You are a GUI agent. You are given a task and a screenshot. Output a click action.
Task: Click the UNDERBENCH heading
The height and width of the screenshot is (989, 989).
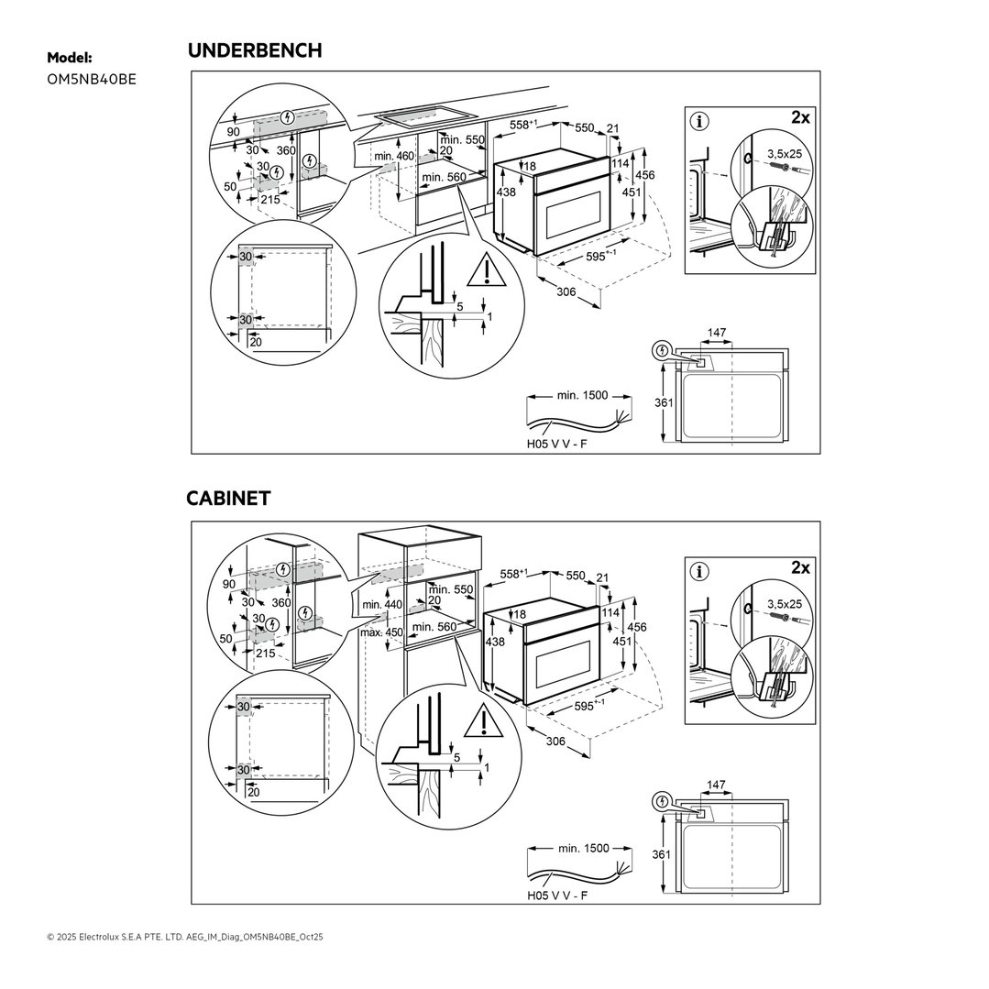(255, 50)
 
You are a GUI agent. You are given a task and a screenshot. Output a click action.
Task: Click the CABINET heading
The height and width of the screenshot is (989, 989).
(228, 499)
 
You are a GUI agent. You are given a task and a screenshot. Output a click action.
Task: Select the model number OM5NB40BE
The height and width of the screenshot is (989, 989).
(92, 80)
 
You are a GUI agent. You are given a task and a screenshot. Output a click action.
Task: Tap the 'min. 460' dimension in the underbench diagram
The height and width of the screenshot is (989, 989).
(394, 156)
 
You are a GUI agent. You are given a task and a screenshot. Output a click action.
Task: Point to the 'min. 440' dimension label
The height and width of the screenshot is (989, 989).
(382, 604)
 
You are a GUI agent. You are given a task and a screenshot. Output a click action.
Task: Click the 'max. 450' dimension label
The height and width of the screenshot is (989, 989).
(381, 632)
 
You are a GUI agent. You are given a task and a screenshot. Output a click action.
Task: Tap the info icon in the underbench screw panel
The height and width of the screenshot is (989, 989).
(698, 121)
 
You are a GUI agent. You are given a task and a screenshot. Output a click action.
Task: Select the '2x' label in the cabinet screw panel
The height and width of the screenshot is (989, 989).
(800, 567)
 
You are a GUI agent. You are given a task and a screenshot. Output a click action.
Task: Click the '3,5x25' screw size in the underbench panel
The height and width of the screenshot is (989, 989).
(785, 153)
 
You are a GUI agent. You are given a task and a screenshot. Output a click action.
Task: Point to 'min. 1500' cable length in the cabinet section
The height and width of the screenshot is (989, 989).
(584, 849)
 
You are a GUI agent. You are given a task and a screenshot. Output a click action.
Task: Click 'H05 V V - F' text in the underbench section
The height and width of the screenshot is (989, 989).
(557, 444)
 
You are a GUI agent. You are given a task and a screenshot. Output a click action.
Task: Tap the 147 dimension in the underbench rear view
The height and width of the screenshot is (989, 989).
(717, 333)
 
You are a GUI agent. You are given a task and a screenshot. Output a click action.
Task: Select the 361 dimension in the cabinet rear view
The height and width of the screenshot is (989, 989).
(661, 854)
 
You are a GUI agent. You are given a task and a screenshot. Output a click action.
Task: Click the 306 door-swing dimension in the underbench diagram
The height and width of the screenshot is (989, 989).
(566, 291)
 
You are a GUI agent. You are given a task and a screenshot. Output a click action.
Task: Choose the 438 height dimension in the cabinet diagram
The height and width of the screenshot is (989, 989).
(495, 643)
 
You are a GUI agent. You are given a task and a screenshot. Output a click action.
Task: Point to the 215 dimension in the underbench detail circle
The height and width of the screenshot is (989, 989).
(270, 199)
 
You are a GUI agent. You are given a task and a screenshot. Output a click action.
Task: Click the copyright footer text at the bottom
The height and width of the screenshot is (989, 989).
(185, 938)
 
